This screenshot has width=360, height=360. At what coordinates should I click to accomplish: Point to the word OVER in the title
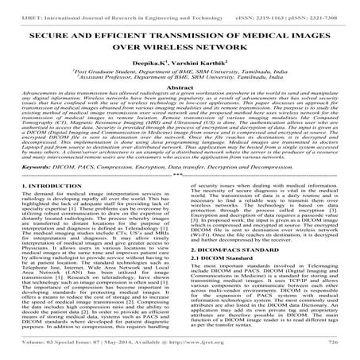point(136,51)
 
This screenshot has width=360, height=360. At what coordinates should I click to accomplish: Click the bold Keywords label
point(33,190)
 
